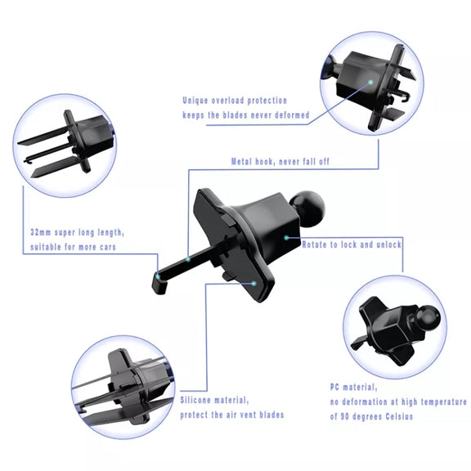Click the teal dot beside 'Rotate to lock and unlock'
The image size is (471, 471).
pos(286,238)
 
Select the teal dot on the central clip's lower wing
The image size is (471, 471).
pos(253,283)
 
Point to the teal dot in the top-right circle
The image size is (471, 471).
pos(370,82)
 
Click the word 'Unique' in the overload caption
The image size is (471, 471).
pos(195,101)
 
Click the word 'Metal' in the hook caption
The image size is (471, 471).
pos(241,162)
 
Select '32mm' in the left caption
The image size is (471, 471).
pos(41,232)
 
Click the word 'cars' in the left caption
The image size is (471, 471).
pos(108,247)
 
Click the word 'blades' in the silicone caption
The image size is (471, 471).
pos(271,415)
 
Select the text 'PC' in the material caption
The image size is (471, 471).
pos(334,387)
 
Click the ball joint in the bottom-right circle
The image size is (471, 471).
pos(428,318)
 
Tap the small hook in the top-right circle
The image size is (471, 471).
pos(404,96)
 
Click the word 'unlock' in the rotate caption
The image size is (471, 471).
pos(389,244)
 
